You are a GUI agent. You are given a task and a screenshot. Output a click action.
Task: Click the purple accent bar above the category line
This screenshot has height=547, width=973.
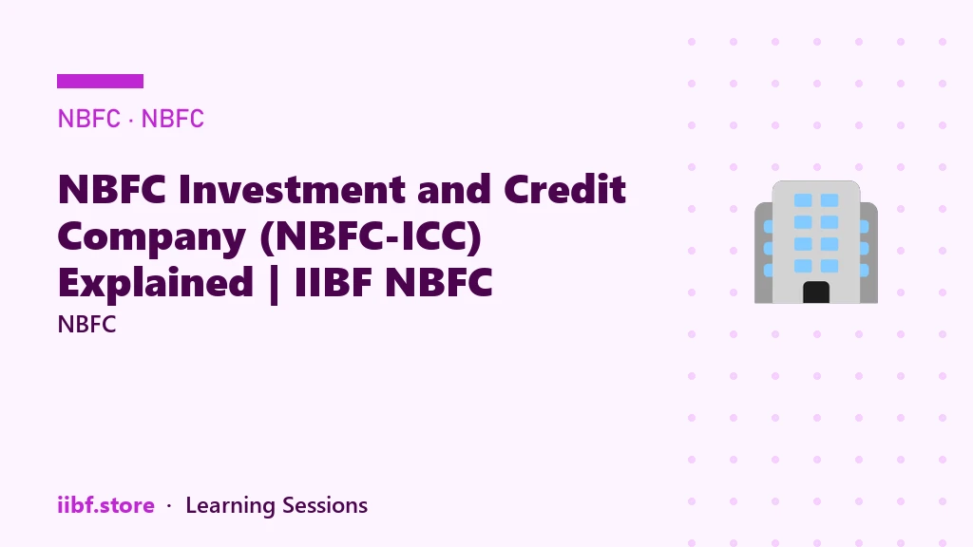[100, 82]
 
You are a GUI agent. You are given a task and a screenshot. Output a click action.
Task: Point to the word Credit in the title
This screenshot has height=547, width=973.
[564, 189]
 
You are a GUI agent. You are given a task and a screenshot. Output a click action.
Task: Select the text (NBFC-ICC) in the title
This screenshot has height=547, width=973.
[372, 237]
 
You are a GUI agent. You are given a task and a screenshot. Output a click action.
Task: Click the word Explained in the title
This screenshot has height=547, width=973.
[156, 283]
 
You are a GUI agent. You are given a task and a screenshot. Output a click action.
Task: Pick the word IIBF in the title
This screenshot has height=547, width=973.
[334, 282]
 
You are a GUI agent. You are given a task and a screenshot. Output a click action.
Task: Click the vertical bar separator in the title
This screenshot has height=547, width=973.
[275, 285]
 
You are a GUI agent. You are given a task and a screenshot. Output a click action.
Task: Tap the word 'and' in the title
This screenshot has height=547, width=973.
[454, 189]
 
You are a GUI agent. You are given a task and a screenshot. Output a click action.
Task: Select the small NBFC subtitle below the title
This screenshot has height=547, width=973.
[86, 325]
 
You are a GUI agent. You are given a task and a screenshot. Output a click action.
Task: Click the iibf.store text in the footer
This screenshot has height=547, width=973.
[106, 505]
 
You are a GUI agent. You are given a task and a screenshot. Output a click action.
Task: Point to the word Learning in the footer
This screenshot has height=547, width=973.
[230, 506]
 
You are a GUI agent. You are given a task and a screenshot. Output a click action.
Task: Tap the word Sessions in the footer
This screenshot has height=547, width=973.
[325, 505]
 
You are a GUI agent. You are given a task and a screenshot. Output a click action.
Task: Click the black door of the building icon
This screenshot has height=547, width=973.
[816, 292]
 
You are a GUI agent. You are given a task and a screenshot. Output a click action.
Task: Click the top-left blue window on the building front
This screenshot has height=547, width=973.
[803, 200]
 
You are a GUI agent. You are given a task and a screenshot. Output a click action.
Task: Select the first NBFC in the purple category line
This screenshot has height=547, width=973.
[88, 119]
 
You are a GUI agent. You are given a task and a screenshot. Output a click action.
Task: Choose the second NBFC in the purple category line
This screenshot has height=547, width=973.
[173, 119]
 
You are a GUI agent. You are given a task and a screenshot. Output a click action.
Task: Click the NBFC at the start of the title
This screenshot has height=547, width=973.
[112, 189]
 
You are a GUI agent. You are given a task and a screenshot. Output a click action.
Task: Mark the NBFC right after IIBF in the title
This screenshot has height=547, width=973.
[439, 282]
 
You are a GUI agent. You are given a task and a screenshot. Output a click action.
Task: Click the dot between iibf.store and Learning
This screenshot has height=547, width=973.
[169, 507]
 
